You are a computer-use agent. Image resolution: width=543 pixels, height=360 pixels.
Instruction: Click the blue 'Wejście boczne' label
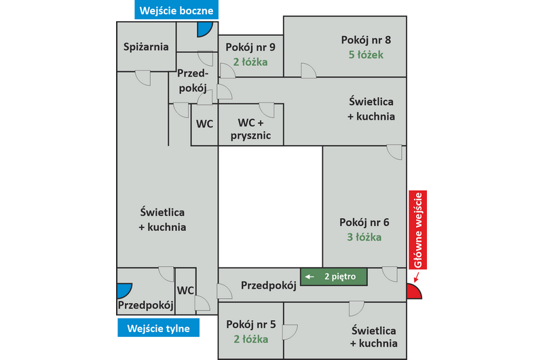point(176,10)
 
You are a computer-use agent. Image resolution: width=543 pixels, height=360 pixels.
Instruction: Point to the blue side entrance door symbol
point(204,29)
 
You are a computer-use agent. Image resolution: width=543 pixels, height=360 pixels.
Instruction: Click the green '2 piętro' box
point(334,277)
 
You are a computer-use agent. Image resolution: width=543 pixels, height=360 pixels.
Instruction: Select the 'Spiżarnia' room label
point(146,47)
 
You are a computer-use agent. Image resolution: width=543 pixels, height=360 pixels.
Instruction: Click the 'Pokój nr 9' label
point(250,47)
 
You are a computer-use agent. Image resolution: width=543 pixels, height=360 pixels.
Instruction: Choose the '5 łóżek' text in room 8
point(367,54)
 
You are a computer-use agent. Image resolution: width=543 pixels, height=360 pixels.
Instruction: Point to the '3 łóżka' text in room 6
point(365,237)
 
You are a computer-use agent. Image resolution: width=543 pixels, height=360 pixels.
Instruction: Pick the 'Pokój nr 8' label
point(366,39)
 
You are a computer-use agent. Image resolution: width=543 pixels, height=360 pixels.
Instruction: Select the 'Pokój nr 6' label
point(364,222)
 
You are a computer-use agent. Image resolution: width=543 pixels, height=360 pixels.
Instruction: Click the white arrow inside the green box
point(310,277)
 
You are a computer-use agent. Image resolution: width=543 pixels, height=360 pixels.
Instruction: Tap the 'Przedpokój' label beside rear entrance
point(143,305)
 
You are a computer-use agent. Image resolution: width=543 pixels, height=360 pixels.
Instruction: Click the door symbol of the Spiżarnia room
point(143,77)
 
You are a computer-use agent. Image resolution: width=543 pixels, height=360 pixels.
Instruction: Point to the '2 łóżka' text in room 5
point(250,338)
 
